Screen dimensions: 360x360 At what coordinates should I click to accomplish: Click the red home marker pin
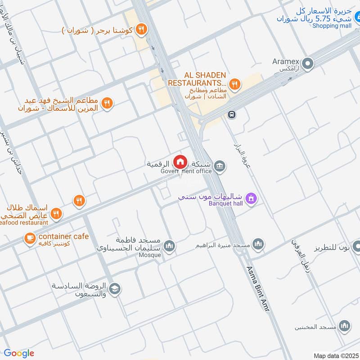pyautogui.click(x=180, y=161)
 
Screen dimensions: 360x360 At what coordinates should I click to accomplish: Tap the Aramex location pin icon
pyautogui.click(x=308, y=64)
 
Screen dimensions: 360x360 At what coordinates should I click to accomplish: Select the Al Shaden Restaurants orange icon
pyautogui.click(x=234, y=84)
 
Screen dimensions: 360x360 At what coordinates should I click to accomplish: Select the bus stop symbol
pyautogui.click(x=232, y=114)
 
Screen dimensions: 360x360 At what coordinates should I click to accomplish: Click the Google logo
pyautogui.click(x=19, y=353)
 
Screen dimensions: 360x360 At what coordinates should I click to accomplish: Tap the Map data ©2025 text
pyautogui.click(x=335, y=355)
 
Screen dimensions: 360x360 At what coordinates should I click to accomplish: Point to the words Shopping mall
pyautogui.click(x=332, y=26)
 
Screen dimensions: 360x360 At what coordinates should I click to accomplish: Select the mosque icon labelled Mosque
pyautogui.click(x=169, y=246)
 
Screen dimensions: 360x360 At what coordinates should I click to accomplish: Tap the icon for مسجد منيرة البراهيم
pyautogui.click(x=257, y=244)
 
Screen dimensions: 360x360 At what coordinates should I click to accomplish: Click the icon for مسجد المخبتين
pyautogui.click(x=345, y=326)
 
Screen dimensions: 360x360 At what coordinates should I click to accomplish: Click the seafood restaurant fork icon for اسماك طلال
pyautogui.click(x=56, y=214)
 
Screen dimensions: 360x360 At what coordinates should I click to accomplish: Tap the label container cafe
pyautogui.click(x=63, y=236)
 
